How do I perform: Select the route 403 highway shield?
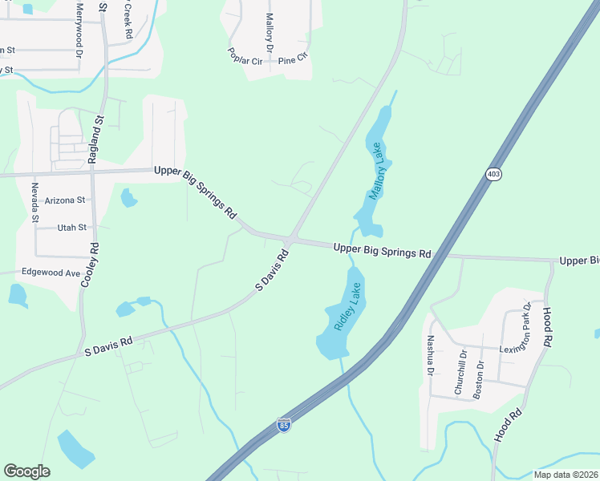tap(493, 174)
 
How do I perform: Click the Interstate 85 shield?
tap(283, 425)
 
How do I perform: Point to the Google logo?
tap(26, 471)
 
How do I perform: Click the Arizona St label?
tap(66, 200)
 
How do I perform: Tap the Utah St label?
tap(71, 228)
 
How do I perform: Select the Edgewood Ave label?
tap(51, 273)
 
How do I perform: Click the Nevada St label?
tap(35, 202)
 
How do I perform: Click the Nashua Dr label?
tap(431, 355)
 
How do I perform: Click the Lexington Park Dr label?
tap(517, 327)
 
